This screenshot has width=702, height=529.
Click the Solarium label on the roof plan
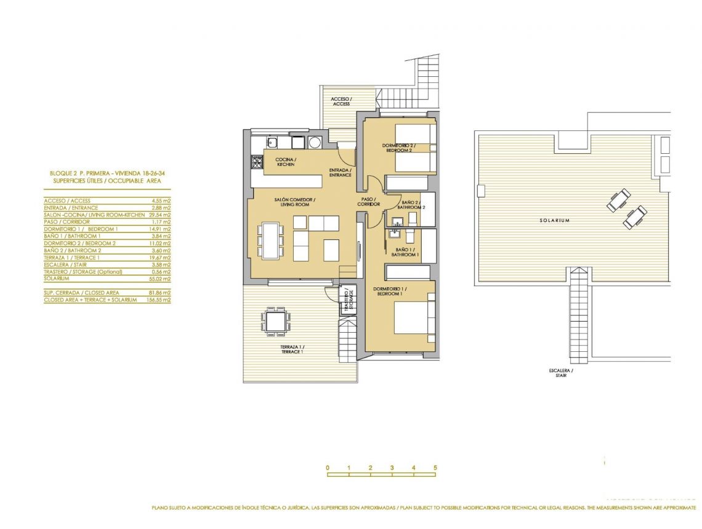(554, 220)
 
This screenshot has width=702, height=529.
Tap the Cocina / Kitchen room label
(286, 162)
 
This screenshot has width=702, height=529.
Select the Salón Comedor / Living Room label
(296, 202)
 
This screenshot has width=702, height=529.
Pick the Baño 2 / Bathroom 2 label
(411, 205)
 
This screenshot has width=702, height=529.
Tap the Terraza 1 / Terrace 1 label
(292, 349)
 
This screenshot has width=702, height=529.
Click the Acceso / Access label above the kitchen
(341, 101)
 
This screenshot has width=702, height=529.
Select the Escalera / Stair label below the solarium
(561, 373)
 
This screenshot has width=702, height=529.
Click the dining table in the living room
(271, 241)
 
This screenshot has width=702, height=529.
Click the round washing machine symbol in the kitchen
(315, 143)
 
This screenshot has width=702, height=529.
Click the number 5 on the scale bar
(435, 467)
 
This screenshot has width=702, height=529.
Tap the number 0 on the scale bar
(328, 467)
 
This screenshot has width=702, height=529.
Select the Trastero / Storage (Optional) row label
(83, 272)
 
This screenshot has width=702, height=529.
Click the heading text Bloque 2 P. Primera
(74, 174)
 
